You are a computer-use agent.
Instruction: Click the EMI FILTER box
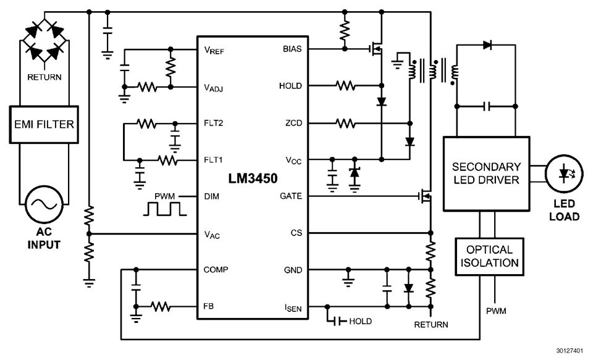[44, 124]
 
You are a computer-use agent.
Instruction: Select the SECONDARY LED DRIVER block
[486, 173]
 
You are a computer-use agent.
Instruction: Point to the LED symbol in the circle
[563, 174]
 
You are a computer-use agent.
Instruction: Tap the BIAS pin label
[292, 49]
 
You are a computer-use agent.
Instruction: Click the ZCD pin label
[293, 123]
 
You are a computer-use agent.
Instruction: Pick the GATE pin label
[291, 196]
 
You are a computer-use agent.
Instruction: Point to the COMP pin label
[216, 270]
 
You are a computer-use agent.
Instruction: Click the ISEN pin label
[293, 307]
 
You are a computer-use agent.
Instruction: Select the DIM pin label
[211, 196]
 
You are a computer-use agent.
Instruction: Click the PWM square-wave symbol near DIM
[164, 209]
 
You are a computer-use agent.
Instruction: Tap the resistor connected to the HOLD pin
[345, 86]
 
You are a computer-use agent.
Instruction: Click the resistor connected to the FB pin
[161, 306]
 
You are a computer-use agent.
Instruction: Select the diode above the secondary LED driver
[487, 44]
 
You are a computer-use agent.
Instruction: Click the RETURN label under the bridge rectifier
[43, 78]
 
